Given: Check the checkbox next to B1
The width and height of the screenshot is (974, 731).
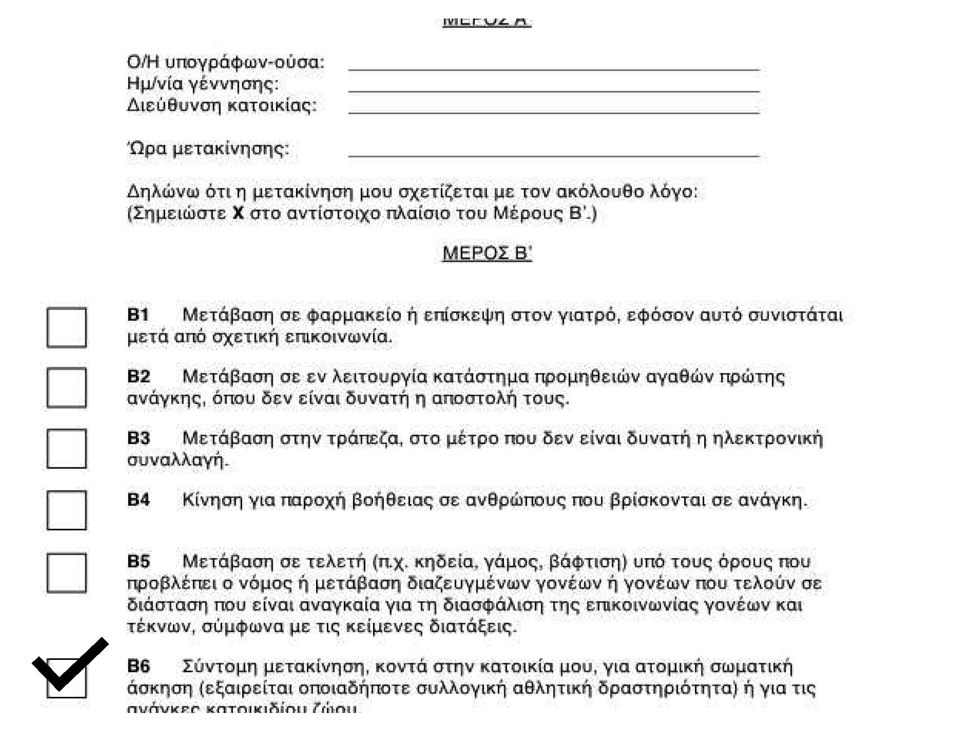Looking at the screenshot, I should [x=67, y=327].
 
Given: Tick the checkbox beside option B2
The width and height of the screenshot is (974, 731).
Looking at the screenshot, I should [x=67, y=388].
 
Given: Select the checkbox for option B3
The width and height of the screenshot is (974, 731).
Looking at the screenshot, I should [x=67, y=448].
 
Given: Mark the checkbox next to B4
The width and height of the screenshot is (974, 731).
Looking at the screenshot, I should [x=67, y=510].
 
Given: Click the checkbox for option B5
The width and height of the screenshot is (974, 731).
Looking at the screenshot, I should [x=67, y=572].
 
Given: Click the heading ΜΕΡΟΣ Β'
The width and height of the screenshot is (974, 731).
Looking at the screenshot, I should [x=487, y=253].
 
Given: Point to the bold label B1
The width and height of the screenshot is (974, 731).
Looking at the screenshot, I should [x=138, y=315].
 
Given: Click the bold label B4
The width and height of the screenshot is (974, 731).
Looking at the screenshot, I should [x=138, y=500].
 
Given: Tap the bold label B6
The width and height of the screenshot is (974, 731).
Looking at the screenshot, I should [x=138, y=666].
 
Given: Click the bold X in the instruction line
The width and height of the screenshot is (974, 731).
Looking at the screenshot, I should [x=238, y=213].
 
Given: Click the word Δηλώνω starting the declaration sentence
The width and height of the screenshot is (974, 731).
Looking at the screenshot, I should [x=163, y=192].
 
